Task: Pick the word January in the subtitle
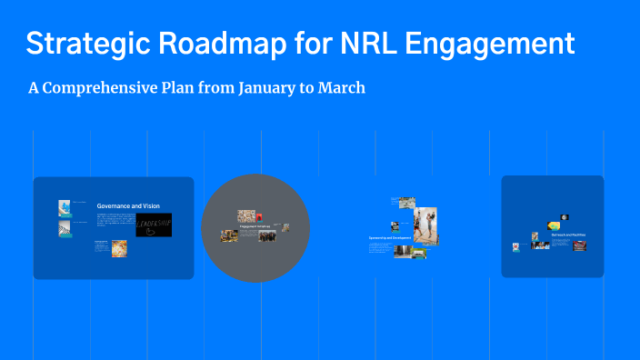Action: (x=255, y=89)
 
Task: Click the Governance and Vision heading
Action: (x=128, y=206)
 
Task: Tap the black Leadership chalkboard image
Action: (x=153, y=225)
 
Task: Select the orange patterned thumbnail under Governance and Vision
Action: (x=119, y=248)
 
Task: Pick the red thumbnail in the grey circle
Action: (x=259, y=217)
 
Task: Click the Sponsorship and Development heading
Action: (x=390, y=237)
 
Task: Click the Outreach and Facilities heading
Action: (x=568, y=235)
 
